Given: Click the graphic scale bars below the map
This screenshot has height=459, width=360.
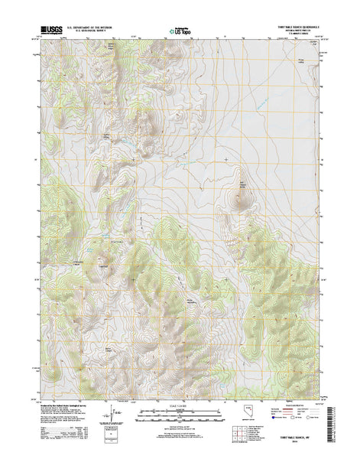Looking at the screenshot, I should (x=180, y=414).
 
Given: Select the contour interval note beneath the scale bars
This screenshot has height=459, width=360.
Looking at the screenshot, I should (x=180, y=424).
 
